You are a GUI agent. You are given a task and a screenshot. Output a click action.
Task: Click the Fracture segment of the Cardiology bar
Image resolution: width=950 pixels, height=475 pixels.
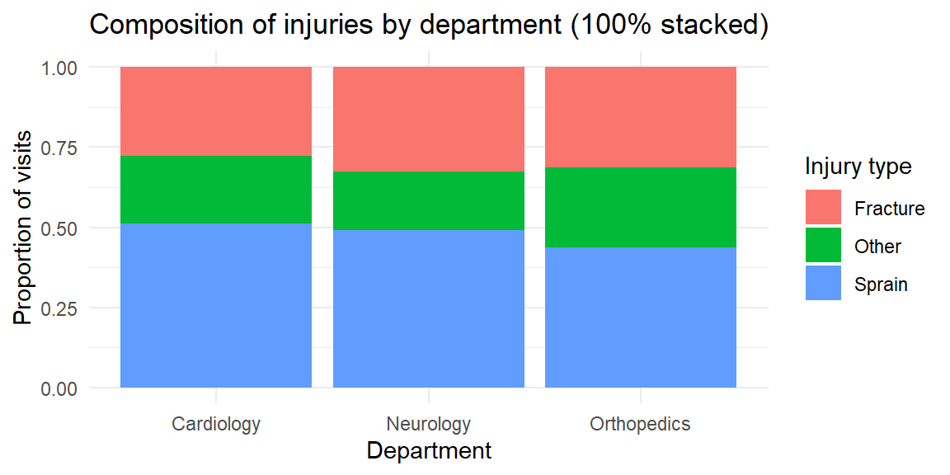click(216, 111)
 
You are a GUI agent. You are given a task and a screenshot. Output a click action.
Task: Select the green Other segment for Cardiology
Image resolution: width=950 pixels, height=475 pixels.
click(216, 190)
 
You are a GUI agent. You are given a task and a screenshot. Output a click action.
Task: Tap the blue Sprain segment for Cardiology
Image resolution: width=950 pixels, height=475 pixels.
click(216, 305)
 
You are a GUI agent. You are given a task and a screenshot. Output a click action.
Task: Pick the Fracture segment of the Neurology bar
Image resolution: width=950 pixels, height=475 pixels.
click(429, 119)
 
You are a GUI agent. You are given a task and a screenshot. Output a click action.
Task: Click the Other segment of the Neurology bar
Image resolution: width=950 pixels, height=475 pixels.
click(429, 200)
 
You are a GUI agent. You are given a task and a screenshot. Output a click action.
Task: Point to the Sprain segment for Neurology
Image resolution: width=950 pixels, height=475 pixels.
click(429, 308)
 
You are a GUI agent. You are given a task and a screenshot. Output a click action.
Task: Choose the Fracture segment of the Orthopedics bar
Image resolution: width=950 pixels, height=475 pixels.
click(641, 117)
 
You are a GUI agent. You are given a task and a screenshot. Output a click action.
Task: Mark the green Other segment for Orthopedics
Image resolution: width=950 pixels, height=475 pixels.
click(641, 207)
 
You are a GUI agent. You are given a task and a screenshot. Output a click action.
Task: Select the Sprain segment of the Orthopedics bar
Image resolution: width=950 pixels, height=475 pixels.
click(641, 317)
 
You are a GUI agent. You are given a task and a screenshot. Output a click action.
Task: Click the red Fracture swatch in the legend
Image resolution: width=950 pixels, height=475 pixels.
click(823, 208)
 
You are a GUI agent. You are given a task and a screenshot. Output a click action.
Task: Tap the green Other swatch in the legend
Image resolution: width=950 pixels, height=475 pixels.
click(823, 246)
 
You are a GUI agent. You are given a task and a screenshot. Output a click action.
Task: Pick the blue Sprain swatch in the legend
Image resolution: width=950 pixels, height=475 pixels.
click(823, 284)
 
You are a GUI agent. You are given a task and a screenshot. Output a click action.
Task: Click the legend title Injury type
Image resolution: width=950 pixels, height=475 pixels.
click(858, 167)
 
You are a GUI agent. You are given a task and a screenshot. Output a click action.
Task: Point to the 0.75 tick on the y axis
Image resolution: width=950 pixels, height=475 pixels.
click(59, 148)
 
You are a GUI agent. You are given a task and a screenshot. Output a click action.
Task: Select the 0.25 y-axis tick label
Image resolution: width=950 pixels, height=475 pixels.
click(59, 308)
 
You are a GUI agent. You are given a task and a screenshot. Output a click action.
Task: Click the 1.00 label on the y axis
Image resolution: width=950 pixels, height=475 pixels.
click(59, 68)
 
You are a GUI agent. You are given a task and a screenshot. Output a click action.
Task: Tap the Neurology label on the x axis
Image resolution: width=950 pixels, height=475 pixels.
click(429, 425)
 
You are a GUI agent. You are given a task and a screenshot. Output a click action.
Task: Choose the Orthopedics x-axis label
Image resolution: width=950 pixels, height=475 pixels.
click(641, 425)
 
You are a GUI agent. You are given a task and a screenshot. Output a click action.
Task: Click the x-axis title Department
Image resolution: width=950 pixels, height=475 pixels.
click(429, 451)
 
